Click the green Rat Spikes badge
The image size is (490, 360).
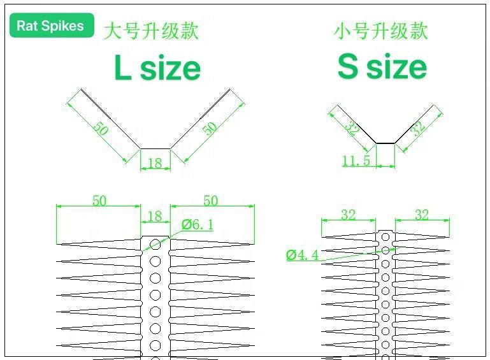tap(51, 25)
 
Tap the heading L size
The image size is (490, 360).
tap(157, 68)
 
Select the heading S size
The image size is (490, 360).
tap(382, 66)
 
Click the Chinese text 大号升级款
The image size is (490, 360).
tap(151, 31)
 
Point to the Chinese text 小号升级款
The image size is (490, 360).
tap(381, 31)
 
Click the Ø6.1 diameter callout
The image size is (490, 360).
tap(197, 224)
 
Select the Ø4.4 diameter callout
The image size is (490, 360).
tap(302, 256)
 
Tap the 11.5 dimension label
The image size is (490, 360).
tap(356, 161)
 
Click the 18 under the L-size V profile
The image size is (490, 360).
tap(155, 164)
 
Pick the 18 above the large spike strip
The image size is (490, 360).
tap(155, 217)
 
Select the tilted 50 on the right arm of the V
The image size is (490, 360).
tap(210, 127)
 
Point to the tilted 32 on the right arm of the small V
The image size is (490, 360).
tap(417, 127)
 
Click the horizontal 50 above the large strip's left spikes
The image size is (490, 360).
tap(99, 201)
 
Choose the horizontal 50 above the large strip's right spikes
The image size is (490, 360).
tap(210, 201)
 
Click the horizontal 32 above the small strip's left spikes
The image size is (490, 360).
tap(348, 215)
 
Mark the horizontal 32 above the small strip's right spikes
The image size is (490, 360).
tap(422, 215)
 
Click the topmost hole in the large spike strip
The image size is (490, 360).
tap(155, 243)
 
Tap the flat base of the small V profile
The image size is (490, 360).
tap(385, 143)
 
